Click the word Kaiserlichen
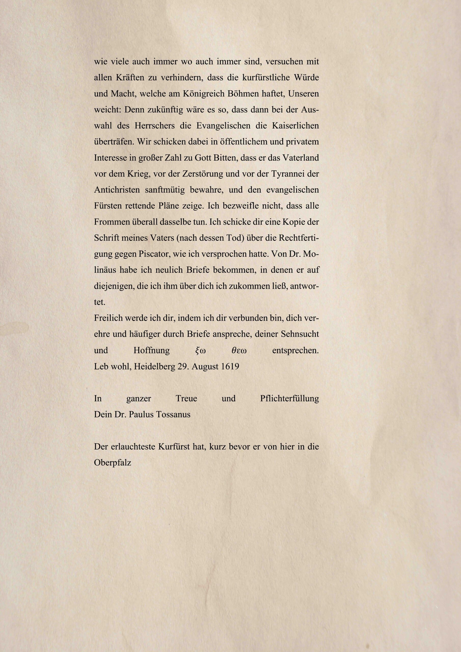[x=295, y=126]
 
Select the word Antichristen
[x=117, y=190]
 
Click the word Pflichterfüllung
[x=289, y=398]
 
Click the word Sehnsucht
[x=300, y=334]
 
